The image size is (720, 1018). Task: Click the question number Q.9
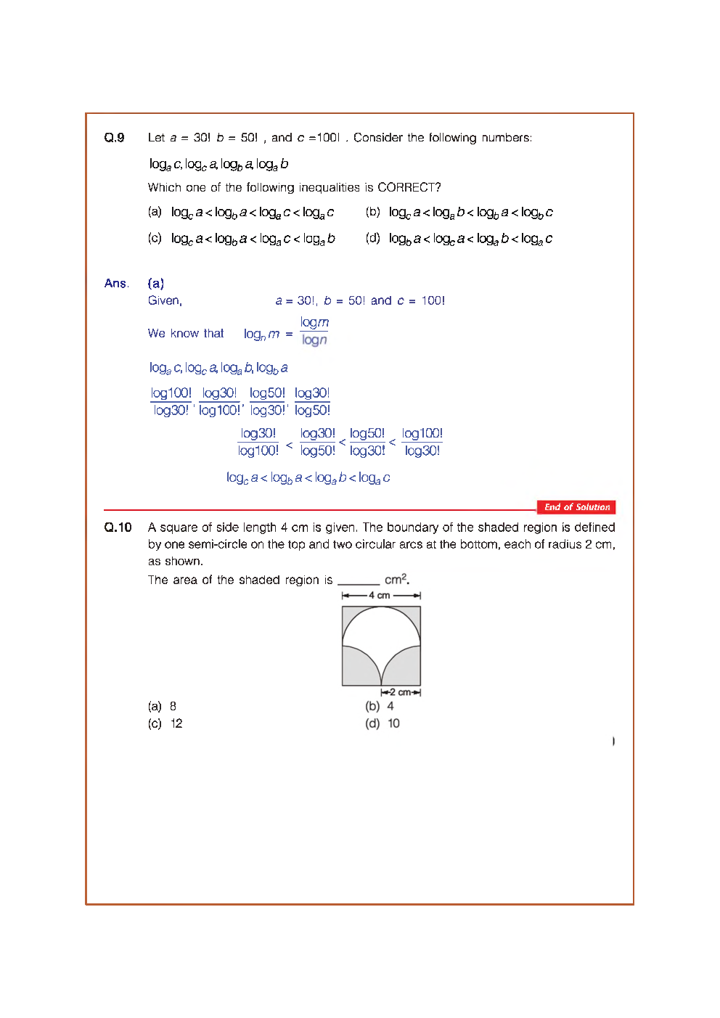click(114, 138)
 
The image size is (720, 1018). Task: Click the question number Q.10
click(118, 528)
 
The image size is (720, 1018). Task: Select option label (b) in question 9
click(372, 212)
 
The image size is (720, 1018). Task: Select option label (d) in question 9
click(372, 238)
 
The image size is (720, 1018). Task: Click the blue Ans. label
click(116, 284)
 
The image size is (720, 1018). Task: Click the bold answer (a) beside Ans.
click(155, 284)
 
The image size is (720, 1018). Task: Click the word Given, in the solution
click(165, 301)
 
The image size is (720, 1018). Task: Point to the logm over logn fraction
click(314, 331)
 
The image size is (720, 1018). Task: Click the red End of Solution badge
click(576, 507)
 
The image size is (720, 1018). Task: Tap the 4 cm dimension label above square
click(380, 595)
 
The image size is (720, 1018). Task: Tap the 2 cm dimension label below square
click(400, 692)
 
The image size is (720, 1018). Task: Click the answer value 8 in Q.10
click(173, 706)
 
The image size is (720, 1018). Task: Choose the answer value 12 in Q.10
click(176, 723)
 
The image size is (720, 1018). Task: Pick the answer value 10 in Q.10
click(393, 723)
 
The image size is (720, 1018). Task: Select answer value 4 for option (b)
click(390, 706)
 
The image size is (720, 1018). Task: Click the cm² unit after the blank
click(396, 579)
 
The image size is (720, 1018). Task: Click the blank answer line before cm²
click(359, 582)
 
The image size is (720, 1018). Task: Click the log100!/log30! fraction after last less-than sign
click(422, 442)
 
